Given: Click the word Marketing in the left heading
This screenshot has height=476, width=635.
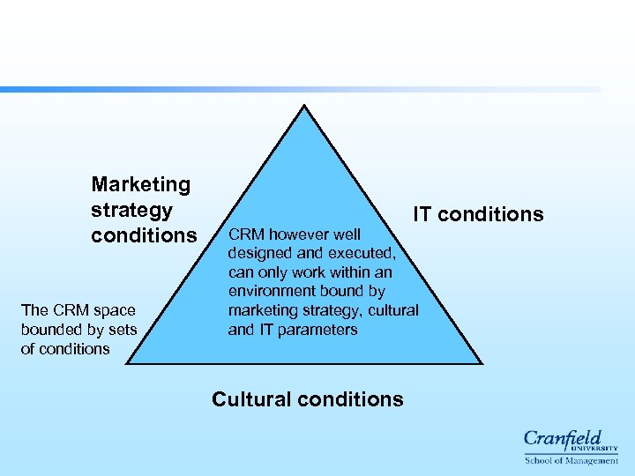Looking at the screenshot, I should (x=141, y=184).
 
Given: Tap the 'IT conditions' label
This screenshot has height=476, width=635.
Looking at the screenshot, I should (x=479, y=214).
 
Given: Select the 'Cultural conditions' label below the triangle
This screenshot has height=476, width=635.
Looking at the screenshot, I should (x=308, y=399).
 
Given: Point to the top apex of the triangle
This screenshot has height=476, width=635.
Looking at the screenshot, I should (x=304, y=107).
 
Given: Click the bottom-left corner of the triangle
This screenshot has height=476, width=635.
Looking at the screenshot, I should (x=129, y=362).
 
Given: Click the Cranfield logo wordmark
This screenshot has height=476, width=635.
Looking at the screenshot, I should (x=563, y=438).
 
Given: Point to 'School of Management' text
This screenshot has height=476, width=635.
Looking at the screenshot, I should (x=571, y=460).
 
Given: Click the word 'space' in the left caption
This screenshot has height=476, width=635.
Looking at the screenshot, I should (x=116, y=310).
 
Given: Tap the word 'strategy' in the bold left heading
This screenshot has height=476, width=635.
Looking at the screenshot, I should (x=131, y=211).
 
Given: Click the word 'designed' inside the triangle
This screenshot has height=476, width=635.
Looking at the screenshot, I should (x=258, y=253).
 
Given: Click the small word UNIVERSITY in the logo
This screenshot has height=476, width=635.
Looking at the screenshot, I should (x=599, y=448).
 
